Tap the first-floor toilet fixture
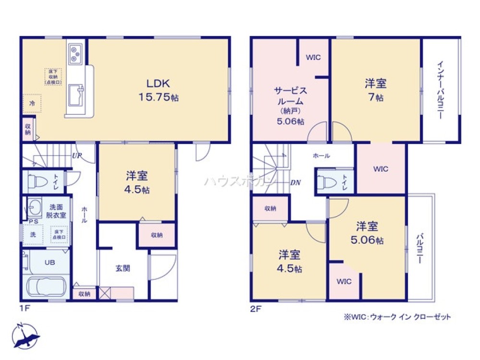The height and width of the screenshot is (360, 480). (x=35, y=181)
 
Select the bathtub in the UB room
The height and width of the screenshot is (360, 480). (x=47, y=287)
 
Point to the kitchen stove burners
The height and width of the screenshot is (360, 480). (x=76, y=54)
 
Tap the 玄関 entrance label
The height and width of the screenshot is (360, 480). (x=122, y=269)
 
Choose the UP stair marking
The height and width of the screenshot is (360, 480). (x=76, y=156)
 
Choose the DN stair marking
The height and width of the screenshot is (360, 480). (x=296, y=182)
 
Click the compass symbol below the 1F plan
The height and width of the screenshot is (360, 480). (x=25, y=336)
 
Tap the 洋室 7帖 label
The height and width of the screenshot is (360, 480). (x=376, y=90)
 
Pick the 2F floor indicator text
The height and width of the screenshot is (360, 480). (x=255, y=309)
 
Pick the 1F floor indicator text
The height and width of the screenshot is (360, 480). (x=25, y=309)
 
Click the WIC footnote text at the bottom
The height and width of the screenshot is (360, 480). (x=397, y=317)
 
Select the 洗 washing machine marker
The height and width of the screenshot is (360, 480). (x=33, y=235)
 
